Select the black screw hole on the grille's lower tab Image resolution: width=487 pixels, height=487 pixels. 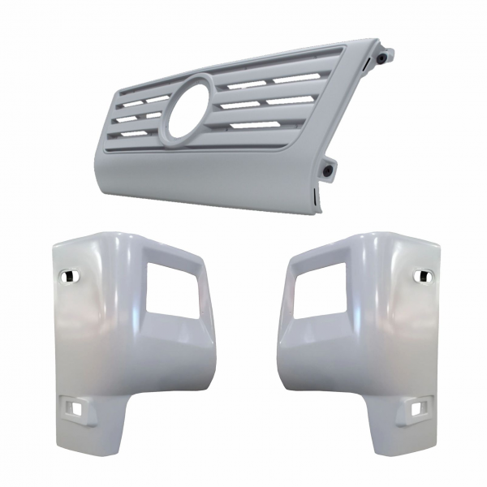[x=327, y=171]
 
